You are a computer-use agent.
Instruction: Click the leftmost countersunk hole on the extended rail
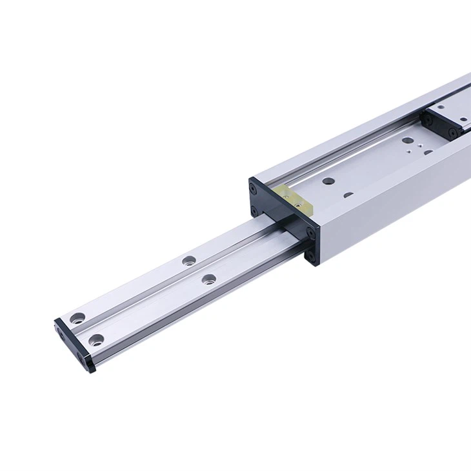point(78,317)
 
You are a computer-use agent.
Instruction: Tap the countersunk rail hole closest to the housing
point(208,279)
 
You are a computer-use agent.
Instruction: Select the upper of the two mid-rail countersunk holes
point(188,261)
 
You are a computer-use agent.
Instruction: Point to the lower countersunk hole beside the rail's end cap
point(96,339)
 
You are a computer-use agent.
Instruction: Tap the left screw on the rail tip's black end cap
point(63,334)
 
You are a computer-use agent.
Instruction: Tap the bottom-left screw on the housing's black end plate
point(255,211)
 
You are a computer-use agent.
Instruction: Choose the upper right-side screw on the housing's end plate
point(311,232)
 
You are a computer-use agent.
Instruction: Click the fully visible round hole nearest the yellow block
point(328,182)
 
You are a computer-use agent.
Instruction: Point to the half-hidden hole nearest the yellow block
point(348,194)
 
